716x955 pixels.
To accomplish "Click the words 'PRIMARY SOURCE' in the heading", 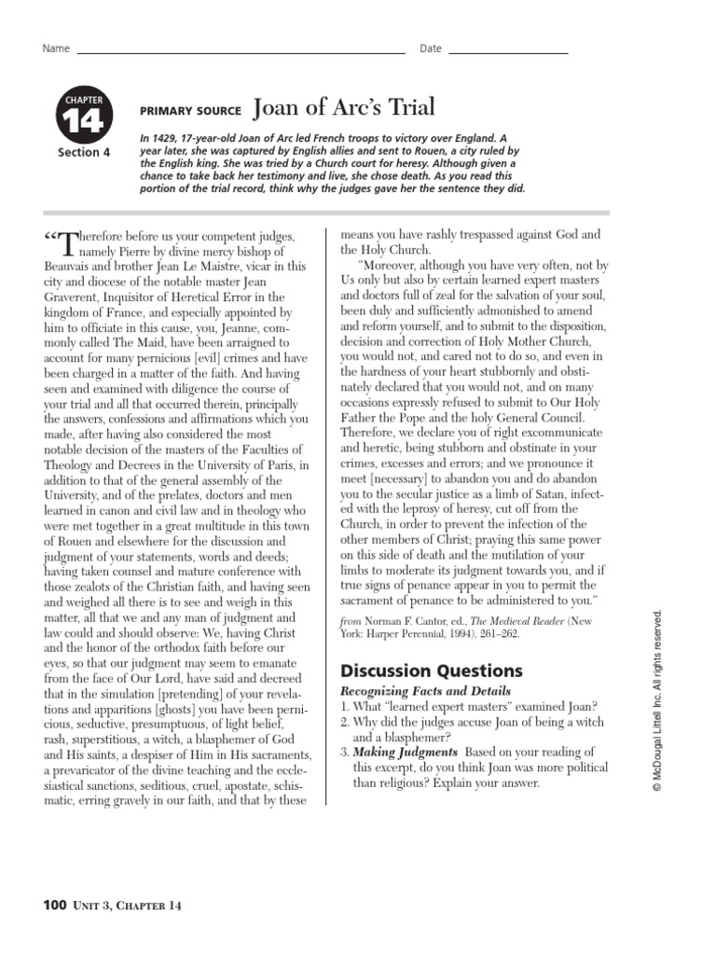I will pyautogui.click(x=191, y=109).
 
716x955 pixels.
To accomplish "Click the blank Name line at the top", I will pyautogui.click(x=241, y=51).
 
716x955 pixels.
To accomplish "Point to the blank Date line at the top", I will pyautogui.click(x=508, y=51).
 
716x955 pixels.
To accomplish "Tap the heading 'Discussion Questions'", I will pyautogui.click(x=431, y=671).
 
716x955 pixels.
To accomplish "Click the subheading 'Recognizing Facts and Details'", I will pyautogui.click(x=426, y=691).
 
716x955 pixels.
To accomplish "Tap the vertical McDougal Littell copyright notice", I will pyautogui.click(x=657, y=700).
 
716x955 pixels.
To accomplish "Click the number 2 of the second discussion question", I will pyautogui.click(x=344, y=721).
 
